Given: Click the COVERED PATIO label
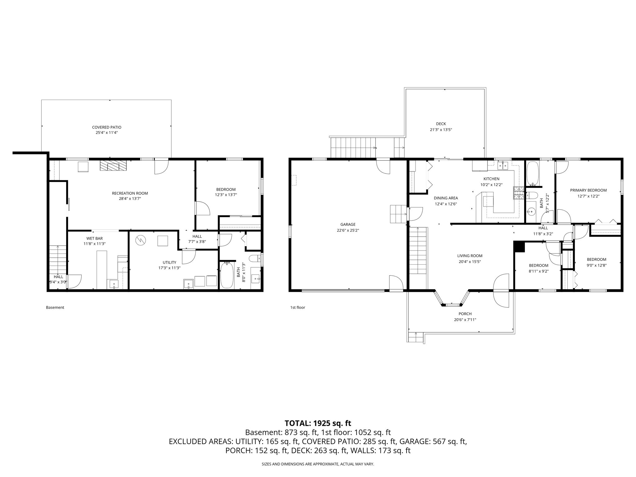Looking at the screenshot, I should point(107,127).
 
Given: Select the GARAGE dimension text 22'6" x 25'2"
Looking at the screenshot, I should point(348,230).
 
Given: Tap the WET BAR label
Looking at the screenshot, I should point(95,238).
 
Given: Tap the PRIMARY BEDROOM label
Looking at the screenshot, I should point(588,190).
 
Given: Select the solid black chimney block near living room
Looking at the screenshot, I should point(519,247).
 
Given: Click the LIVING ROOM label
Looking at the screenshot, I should point(470,256).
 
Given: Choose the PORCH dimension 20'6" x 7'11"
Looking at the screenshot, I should point(465,320).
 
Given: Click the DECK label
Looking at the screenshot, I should point(441,124).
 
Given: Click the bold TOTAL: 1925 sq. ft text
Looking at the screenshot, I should point(318,423).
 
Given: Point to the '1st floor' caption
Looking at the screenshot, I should point(298,307).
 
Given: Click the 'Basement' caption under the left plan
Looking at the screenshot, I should point(55,307).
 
